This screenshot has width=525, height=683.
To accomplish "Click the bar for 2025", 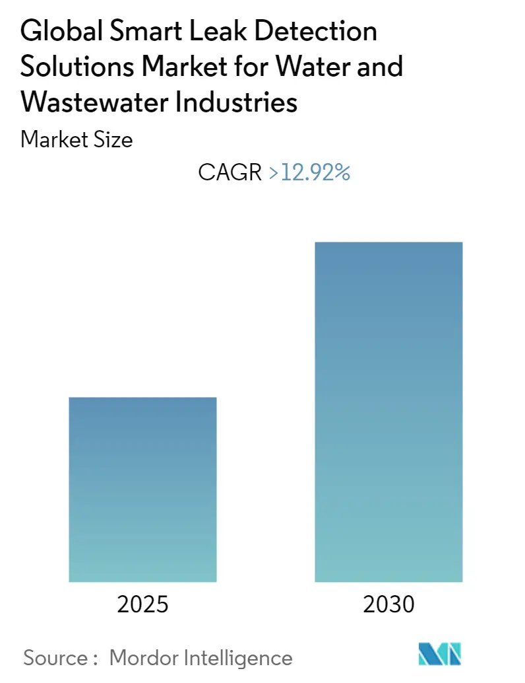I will [x=142, y=489].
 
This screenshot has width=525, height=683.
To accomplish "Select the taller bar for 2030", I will [x=388, y=412].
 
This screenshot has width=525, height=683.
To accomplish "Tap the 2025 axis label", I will [x=142, y=604].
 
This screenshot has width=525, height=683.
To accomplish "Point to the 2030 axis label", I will [x=388, y=604].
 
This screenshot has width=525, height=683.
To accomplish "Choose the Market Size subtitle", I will [x=77, y=139].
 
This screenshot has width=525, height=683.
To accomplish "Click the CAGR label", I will [x=231, y=173].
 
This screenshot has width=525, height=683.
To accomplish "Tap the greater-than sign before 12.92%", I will [x=274, y=174].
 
